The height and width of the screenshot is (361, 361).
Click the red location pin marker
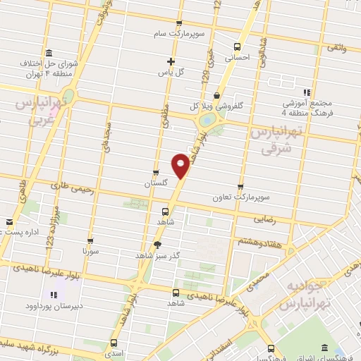tap(180, 166)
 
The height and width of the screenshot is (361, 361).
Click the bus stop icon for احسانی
tap(236, 49)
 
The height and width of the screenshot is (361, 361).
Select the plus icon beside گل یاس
tap(170, 61)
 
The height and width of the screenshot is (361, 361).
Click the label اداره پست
tap(28, 231)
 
